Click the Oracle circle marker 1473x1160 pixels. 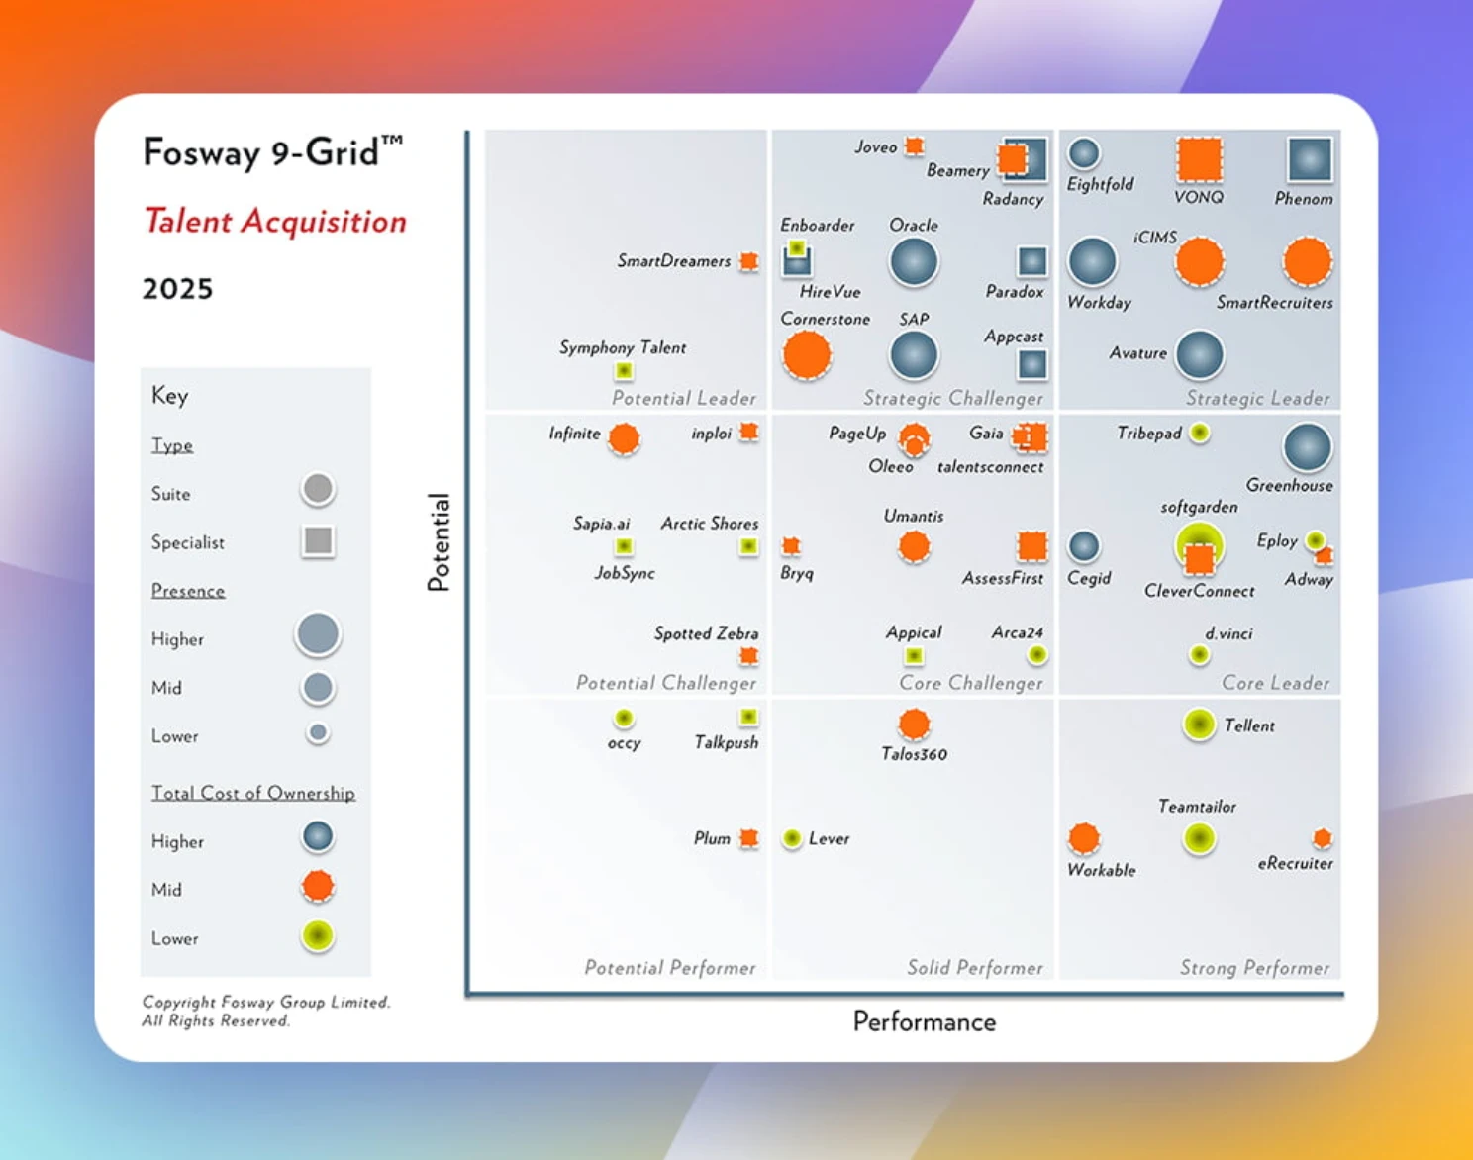tap(913, 261)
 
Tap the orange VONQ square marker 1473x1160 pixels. tap(1199, 159)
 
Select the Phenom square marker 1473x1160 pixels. tap(1310, 159)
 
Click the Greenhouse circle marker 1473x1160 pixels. tap(1308, 447)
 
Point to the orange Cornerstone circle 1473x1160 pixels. tap(807, 355)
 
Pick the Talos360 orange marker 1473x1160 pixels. tap(914, 725)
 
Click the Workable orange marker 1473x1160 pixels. tap(1084, 838)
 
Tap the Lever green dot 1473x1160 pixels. tap(792, 838)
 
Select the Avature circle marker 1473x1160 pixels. tap(1200, 355)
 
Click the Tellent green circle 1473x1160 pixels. tap(1199, 725)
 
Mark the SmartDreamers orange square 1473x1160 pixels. tap(749, 261)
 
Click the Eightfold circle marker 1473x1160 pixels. tap(1084, 153)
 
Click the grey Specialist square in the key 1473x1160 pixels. tap(318, 540)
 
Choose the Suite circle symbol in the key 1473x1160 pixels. tap(318, 489)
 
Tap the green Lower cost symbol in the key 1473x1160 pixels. tap(318, 935)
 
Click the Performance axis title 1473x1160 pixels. tap(924, 1021)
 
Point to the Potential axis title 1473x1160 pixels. tap(439, 542)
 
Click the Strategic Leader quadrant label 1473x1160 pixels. tap(1258, 398)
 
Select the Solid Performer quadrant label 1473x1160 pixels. tap(975, 967)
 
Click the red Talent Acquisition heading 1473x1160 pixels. tap(275, 221)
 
